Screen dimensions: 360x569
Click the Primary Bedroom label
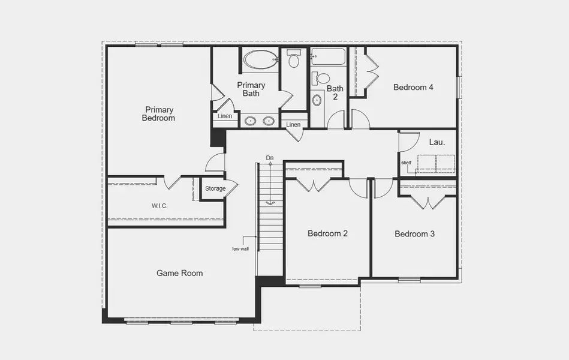(158, 114)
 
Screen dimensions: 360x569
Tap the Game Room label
(180, 273)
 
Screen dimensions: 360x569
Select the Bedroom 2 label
(328, 233)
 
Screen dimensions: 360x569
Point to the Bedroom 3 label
(415, 233)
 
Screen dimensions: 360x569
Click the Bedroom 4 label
(413, 87)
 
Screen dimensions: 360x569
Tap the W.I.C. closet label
(159, 206)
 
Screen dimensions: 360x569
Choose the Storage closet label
(215, 188)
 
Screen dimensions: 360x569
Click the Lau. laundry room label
(436, 142)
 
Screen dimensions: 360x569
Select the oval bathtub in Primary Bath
(260, 59)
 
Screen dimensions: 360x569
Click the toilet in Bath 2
(322, 78)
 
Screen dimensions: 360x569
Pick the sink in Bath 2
(317, 100)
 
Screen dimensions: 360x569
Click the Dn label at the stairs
(270, 158)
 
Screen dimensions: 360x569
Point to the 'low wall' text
(240, 248)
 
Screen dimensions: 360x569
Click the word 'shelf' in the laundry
(407, 162)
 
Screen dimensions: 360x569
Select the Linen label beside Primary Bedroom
(225, 116)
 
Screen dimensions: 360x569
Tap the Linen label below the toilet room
(293, 124)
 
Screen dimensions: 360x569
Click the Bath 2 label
(335, 92)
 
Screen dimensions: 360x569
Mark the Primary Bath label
(251, 89)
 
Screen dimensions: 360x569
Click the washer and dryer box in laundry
(436, 163)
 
